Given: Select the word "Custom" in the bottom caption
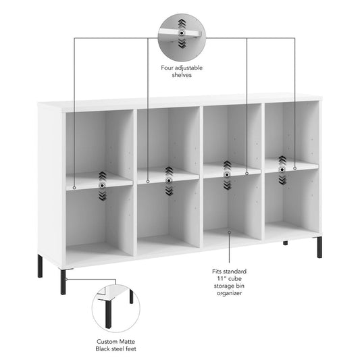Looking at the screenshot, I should (x=104, y=342).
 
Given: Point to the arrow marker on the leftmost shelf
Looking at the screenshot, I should (x=102, y=184).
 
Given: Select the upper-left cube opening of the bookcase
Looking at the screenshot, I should (x=99, y=144).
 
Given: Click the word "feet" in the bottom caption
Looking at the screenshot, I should (x=132, y=349).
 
